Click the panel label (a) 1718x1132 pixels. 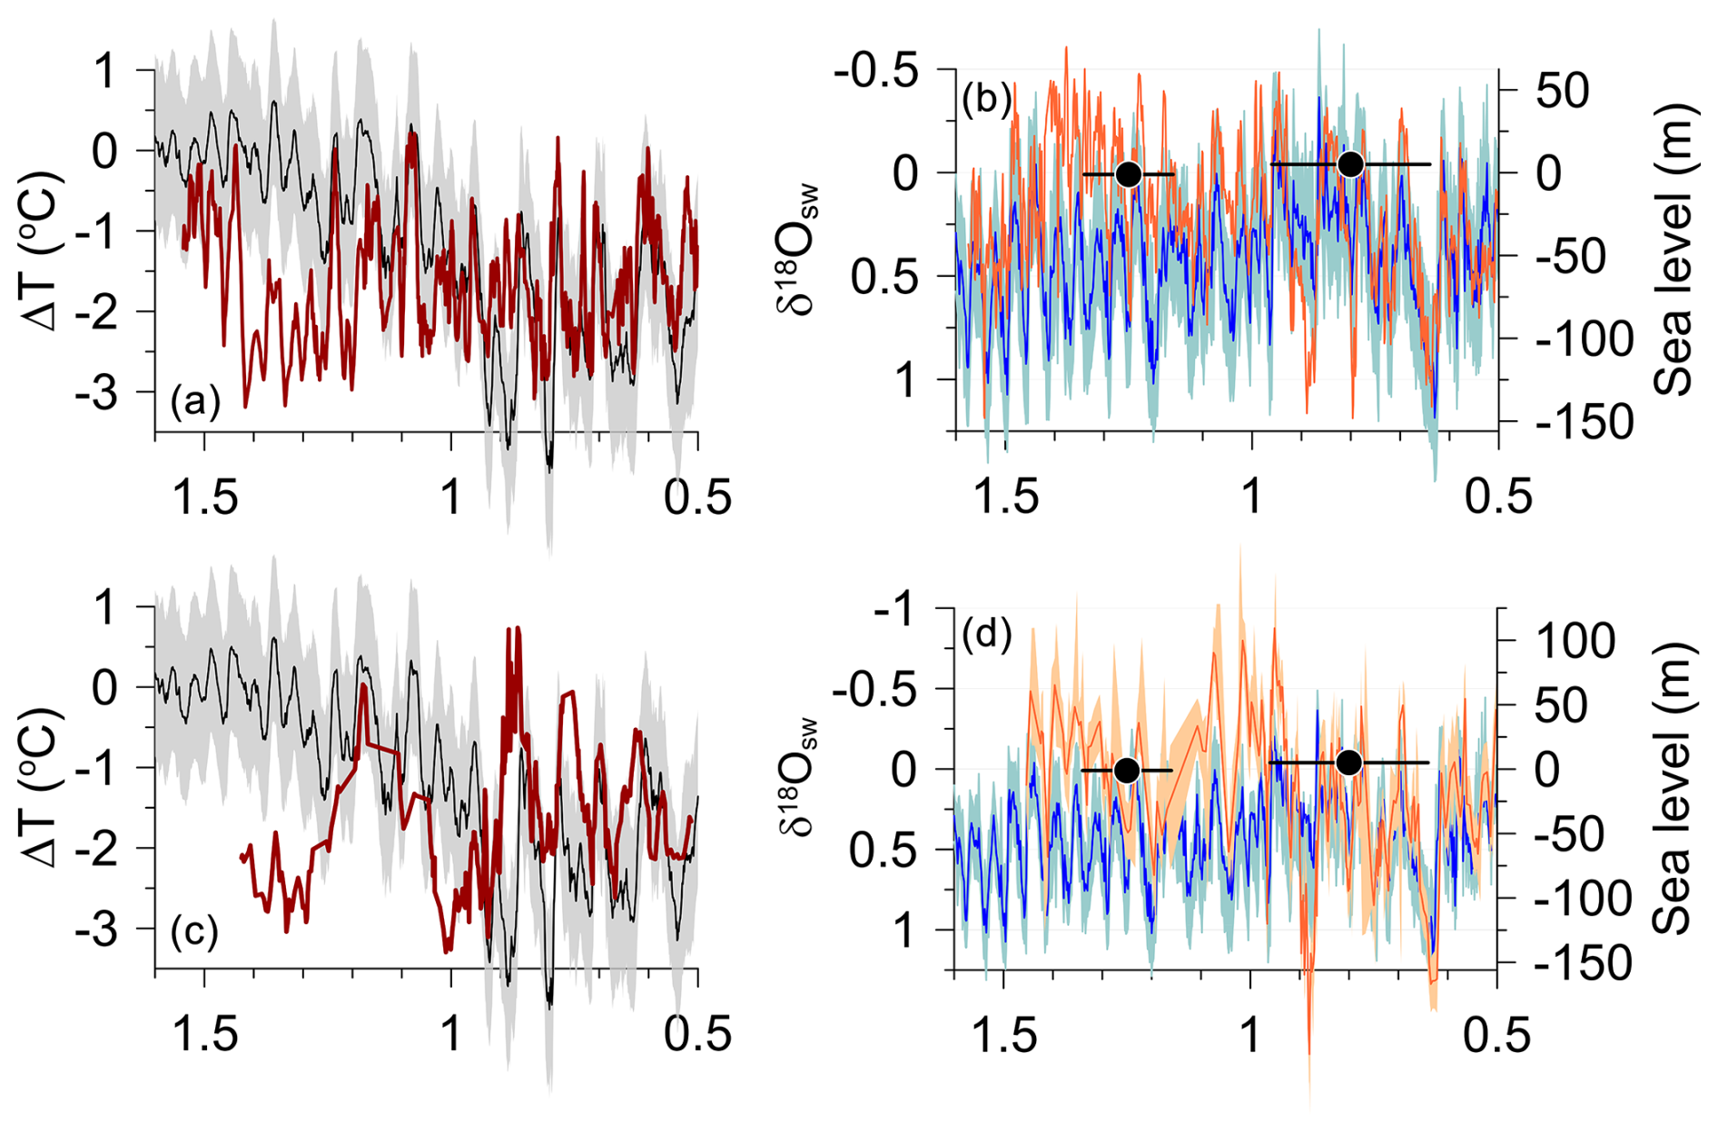[195, 400]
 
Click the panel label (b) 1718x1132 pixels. [986, 99]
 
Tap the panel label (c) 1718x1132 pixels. [194, 932]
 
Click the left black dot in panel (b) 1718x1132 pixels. [1128, 174]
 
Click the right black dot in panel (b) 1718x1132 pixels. [1351, 164]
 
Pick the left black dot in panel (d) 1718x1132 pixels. [1127, 771]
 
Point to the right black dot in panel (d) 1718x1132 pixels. [1349, 763]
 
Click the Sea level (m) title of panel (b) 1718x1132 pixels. [1674, 250]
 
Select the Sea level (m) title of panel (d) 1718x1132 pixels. [1674, 788]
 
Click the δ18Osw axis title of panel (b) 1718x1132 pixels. [798, 250]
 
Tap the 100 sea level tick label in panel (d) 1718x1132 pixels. [1575, 641]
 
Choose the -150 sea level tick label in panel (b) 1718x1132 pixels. [1584, 422]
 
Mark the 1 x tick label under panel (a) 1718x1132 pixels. [451, 498]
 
